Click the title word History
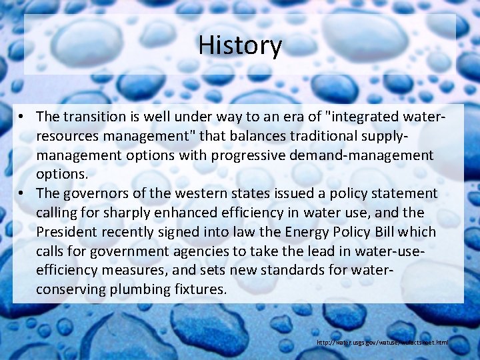tap(240, 45)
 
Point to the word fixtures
tap(200, 290)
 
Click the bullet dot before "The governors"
tap(22, 193)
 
